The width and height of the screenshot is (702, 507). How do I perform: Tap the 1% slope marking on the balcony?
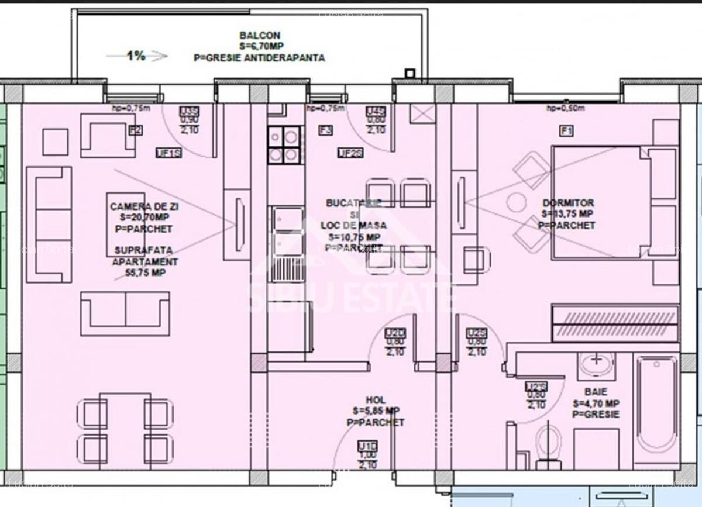tap(136, 56)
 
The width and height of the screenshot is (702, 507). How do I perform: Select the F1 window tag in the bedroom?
tap(566, 131)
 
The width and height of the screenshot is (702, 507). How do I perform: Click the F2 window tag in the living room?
tap(135, 130)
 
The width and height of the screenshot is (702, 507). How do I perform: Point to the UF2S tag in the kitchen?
tap(350, 153)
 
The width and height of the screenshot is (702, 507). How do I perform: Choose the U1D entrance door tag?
tap(367, 447)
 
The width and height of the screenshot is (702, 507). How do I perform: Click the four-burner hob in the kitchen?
tap(284, 145)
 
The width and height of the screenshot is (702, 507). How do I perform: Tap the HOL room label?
tap(376, 401)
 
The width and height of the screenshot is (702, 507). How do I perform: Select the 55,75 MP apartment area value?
tap(146, 273)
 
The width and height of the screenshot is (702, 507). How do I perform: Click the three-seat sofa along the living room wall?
tap(49, 225)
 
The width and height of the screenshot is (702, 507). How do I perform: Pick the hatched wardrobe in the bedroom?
tap(615, 323)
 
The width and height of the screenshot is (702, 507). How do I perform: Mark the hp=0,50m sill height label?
tap(565, 108)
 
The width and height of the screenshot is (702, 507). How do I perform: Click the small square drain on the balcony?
tap(409, 73)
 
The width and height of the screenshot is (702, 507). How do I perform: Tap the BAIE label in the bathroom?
tap(596, 392)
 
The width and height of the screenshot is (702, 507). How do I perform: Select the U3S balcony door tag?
tap(189, 111)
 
